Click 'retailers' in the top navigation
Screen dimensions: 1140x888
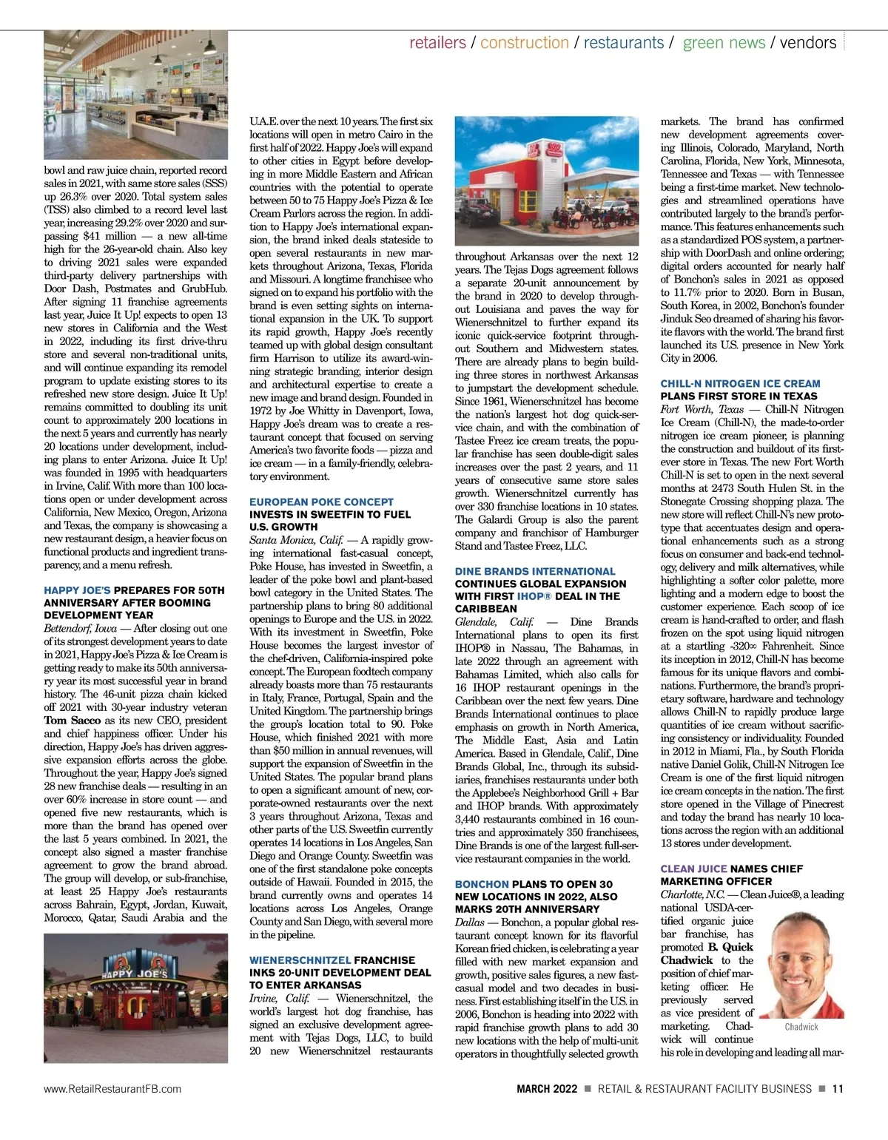pyautogui.click(x=437, y=43)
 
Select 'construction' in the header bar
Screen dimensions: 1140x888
pyautogui.click(x=524, y=43)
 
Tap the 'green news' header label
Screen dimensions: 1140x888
pyautogui.click(x=724, y=43)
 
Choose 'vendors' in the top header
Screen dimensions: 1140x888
pyautogui.click(x=808, y=43)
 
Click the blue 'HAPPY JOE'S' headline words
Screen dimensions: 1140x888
pyautogui.click(x=77, y=590)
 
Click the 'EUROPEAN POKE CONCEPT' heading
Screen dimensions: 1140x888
pyautogui.click(x=321, y=502)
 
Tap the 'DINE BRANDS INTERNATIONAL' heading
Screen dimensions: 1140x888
pyautogui.click(x=535, y=571)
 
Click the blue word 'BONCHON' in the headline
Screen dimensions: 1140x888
pyautogui.click(x=482, y=884)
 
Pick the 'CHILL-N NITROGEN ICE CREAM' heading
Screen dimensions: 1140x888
pyautogui.click(x=740, y=383)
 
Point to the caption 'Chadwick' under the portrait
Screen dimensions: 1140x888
pyautogui.click(x=801, y=1027)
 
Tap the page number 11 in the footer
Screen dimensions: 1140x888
pyautogui.click(x=837, y=1088)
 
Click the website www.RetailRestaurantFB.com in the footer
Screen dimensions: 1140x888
pyautogui.click(x=112, y=1088)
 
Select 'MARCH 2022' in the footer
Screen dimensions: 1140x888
pyautogui.click(x=547, y=1088)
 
